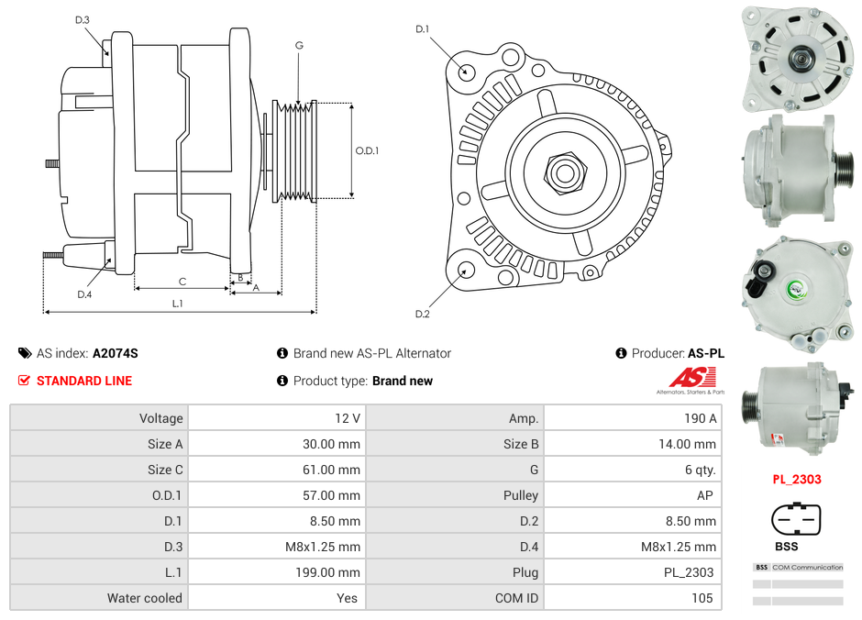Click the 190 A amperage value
701,418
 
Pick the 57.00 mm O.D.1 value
337,495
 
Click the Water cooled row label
144,598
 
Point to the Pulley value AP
707,495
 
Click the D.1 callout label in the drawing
422,29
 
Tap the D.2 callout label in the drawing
422,315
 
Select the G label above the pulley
299,45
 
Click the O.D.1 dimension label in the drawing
367,151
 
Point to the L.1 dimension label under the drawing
178,303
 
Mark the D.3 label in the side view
83,19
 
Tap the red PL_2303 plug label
796,479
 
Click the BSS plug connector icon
796,521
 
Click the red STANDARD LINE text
84,381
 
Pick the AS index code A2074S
116,353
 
